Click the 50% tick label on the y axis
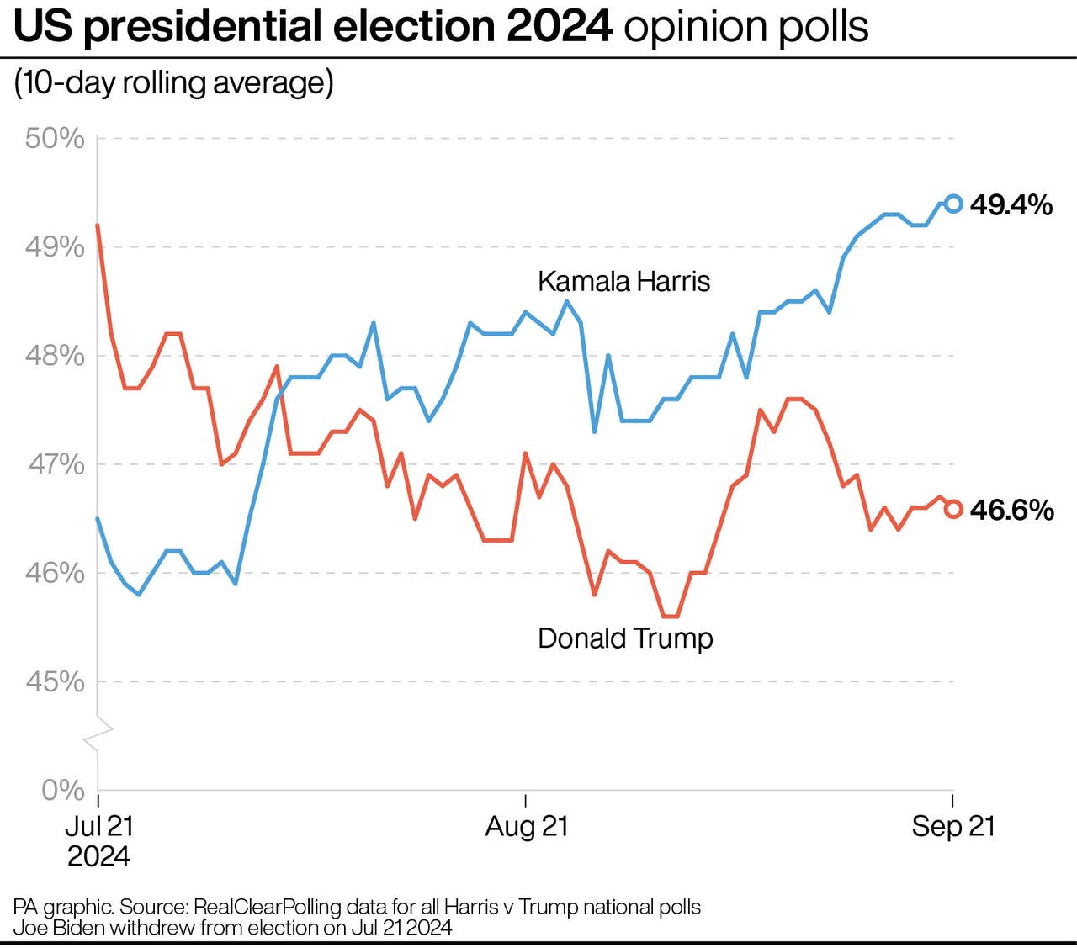[55, 138]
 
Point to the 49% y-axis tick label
[55, 247]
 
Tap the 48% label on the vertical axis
[55, 356]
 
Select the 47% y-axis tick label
[56, 464]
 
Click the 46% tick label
[55, 573]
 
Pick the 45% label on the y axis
[55, 681]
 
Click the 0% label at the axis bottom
[63, 790]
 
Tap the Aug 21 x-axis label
[527, 826]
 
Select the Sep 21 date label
[952, 826]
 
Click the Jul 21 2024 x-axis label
[98, 841]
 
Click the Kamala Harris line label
[623, 281]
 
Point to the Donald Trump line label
[625, 638]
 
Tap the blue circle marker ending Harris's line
[953, 203]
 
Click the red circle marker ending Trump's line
[953, 509]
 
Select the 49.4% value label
[1011, 204]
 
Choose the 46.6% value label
[1011, 510]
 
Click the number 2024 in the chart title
[559, 27]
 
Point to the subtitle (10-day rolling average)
[173, 82]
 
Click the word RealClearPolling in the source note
[267, 907]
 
